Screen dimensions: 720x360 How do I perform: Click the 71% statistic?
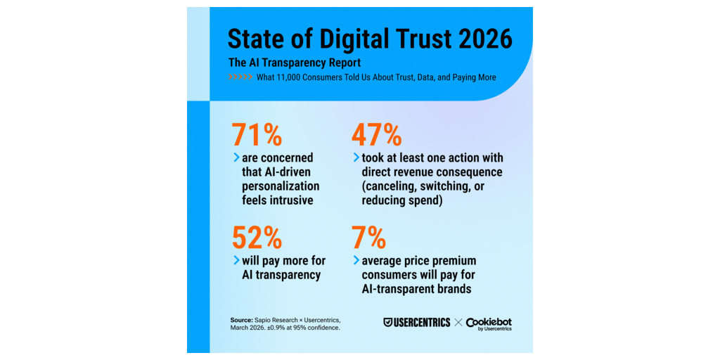point(257,134)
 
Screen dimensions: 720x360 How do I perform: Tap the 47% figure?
point(377,134)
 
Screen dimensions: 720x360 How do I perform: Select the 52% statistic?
point(257,237)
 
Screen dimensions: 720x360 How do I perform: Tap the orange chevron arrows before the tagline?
point(240,77)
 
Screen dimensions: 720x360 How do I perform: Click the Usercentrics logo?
point(417,322)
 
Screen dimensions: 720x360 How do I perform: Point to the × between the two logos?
point(458,323)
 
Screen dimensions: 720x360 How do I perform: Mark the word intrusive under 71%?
point(292,200)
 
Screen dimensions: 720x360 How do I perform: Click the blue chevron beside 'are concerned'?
point(236,158)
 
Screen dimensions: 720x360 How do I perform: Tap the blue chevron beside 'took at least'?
point(356,158)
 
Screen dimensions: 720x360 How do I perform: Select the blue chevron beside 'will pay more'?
point(236,261)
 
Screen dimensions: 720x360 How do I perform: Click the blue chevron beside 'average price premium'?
point(356,261)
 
